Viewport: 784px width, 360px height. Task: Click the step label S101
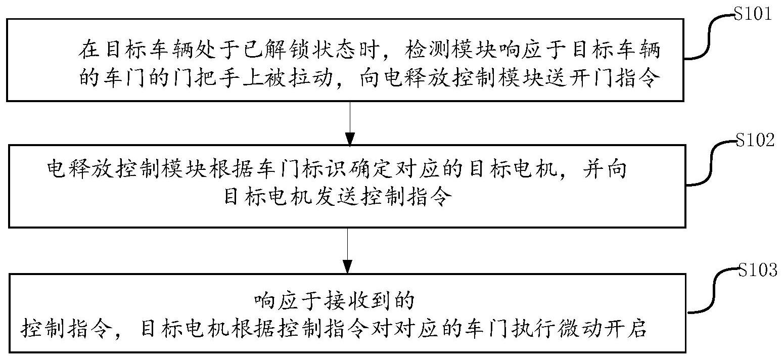pyautogui.click(x=753, y=14)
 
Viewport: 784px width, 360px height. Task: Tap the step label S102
pyautogui.click(x=755, y=140)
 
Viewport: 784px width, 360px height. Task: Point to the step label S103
pyautogui.click(x=757, y=270)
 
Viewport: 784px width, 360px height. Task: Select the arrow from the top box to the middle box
pyautogui.click(x=350, y=123)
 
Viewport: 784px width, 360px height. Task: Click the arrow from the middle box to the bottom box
pyautogui.click(x=347, y=251)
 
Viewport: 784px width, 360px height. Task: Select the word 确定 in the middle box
pyautogui.click(x=370, y=170)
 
